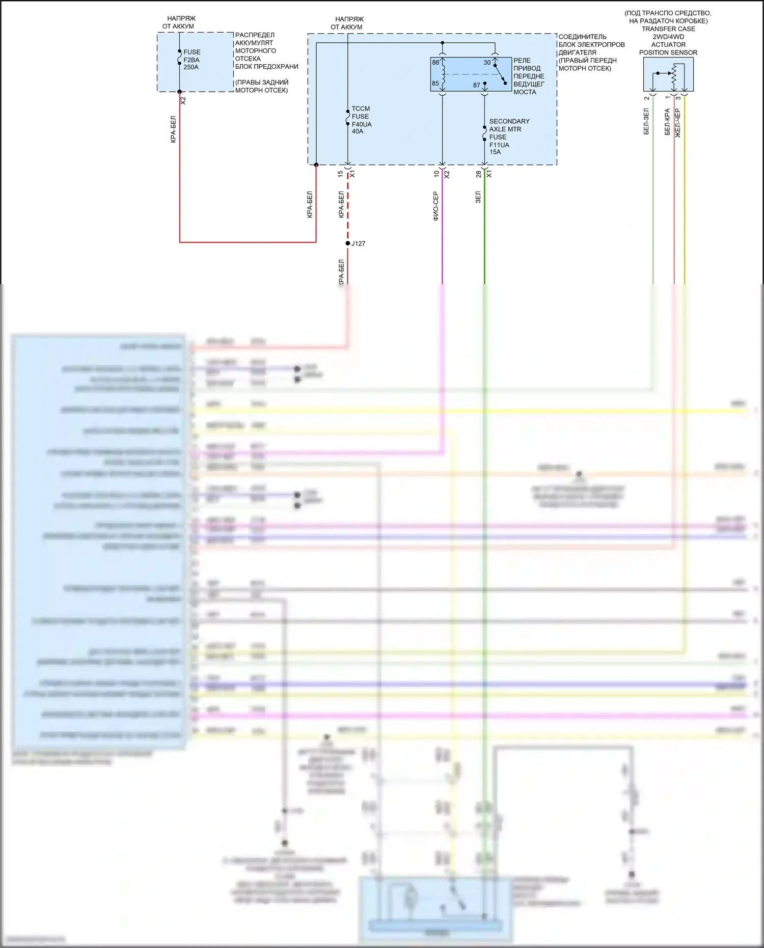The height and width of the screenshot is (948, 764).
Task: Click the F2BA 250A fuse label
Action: (192, 60)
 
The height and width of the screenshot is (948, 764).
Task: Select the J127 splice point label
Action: (358, 243)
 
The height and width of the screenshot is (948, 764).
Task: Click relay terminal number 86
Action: (435, 63)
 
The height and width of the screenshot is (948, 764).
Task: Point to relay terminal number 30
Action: (487, 63)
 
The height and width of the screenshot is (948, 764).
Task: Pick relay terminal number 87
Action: (477, 85)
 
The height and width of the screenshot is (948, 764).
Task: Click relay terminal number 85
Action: (435, 84)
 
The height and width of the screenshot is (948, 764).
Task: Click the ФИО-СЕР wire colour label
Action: (435, 206)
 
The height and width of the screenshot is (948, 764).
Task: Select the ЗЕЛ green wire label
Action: (478, 198)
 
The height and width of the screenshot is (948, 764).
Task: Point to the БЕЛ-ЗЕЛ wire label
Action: (646, 121)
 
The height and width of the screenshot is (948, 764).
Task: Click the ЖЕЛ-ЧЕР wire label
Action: (678, 123)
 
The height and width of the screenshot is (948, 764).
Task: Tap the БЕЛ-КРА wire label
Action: (667, 122)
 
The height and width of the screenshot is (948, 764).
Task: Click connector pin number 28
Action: (479, 174)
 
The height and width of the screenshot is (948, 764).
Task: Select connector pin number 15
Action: (340, 174)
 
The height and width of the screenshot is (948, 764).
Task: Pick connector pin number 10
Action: (436, 174)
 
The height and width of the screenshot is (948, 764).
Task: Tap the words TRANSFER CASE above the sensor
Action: (668, 29)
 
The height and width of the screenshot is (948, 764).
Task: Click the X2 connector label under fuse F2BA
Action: (183, 101)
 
